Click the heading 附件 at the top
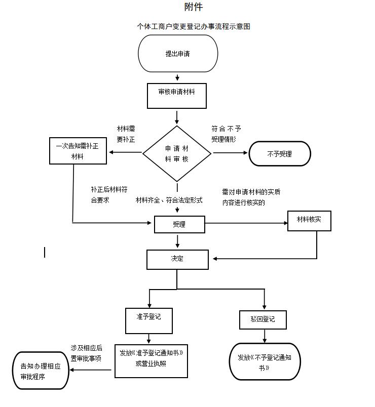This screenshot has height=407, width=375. click(x=194, y=7)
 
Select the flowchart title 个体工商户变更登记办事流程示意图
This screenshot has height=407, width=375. click(x=194, y=26)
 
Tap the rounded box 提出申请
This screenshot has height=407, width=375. click(x=178, y=54)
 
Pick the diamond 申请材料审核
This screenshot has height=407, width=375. click(x=177, y=153)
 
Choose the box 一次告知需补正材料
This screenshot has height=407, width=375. click(x=78, y=151)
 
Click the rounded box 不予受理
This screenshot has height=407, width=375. click(x=280, y=154)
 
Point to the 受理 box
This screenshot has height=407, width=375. click(x=179, y=224)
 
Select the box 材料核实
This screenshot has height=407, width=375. click(x=309, y=221)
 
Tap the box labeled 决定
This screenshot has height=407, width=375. click(x=177, y=259)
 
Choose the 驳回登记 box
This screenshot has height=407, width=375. click(x=263, y=319)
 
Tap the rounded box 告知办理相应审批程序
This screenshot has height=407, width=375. click(x=41, y=371)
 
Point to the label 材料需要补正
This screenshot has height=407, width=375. click(x=126, y=134)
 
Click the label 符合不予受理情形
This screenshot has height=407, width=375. click(x=226, y=134)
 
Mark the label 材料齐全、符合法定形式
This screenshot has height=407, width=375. click(x=169, y=200)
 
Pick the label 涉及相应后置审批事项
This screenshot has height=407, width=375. click(x=86, y=353)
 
